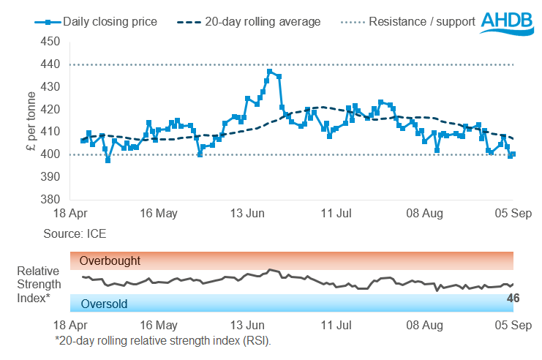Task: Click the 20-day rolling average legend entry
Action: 249,22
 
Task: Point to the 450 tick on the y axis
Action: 50,42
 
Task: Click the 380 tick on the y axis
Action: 50,199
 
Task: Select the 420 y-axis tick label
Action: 50,110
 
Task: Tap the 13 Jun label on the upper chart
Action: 246,214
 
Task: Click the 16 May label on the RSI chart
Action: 158,325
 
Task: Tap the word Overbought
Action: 110,260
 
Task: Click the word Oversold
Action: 104,304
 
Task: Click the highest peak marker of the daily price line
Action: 270,72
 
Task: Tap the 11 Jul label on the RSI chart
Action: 336,325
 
